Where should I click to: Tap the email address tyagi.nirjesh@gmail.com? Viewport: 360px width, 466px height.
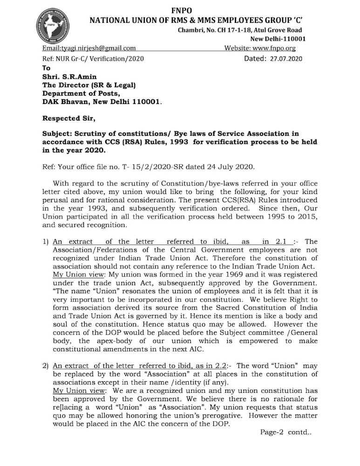point(89,48)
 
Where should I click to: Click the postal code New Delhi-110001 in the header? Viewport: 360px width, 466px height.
point(278,39)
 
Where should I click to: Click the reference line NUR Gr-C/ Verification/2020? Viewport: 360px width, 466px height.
point(100,59)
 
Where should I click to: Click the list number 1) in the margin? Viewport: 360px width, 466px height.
point(46,241)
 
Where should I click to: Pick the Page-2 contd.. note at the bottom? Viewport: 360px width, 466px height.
point(285,432)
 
